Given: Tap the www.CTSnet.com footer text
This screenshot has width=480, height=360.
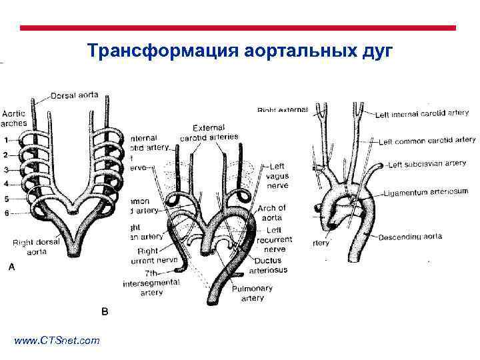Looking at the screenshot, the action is coord(57,341).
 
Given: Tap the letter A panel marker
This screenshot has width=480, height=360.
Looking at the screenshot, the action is coord(10,267).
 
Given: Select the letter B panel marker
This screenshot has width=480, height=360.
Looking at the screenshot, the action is coord(104,311).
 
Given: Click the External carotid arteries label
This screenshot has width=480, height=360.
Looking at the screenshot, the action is coord(208,132).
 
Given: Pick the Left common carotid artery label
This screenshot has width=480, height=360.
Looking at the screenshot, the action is coord(427,141).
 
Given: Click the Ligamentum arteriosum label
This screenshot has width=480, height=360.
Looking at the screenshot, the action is coord(426,193).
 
